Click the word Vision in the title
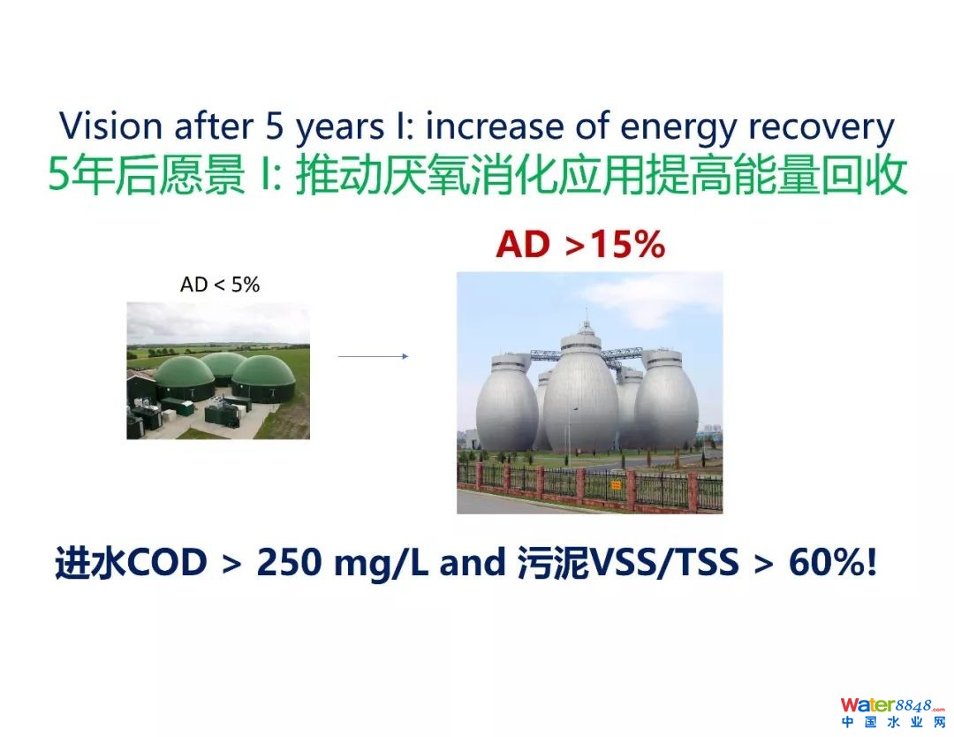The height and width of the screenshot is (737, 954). tap(110, 126)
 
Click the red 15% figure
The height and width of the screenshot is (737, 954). tap(628, 245)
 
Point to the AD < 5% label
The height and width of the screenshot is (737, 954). tap(220, 285)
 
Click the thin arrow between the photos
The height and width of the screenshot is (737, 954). tap(373, 356)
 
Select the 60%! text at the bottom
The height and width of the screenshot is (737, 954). tap(833, 562)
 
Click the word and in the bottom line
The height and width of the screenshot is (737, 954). tap(472, 562)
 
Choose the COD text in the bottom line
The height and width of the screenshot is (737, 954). tap(167, 562)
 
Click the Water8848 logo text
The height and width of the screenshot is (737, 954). tap(892, 705)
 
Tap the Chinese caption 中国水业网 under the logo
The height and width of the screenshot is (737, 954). tap(894, 722)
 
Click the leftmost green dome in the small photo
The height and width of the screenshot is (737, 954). tap(185, 377)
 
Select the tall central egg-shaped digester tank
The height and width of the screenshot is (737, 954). tap(581, 390)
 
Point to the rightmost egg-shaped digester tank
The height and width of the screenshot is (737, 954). tap(666, 399)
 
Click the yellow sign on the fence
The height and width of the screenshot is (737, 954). tap(615, 485)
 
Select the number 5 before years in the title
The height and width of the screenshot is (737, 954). tap(274, 126)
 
